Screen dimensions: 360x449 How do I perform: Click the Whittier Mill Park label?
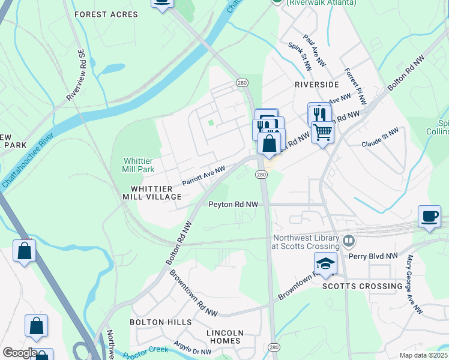[139, 165]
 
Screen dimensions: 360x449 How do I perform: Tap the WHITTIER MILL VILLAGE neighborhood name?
[152, 192]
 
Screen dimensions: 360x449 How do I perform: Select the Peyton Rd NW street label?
[233, 205]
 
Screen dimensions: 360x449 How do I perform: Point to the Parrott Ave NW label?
[203, 176]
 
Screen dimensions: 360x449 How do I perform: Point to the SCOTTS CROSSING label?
[363, 286]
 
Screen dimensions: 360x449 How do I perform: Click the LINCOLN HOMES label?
[224, 337]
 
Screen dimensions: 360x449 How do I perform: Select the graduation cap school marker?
[325, 263]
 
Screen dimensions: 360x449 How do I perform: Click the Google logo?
[20, 352]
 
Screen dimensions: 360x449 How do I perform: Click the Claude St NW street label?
[380, 137]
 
